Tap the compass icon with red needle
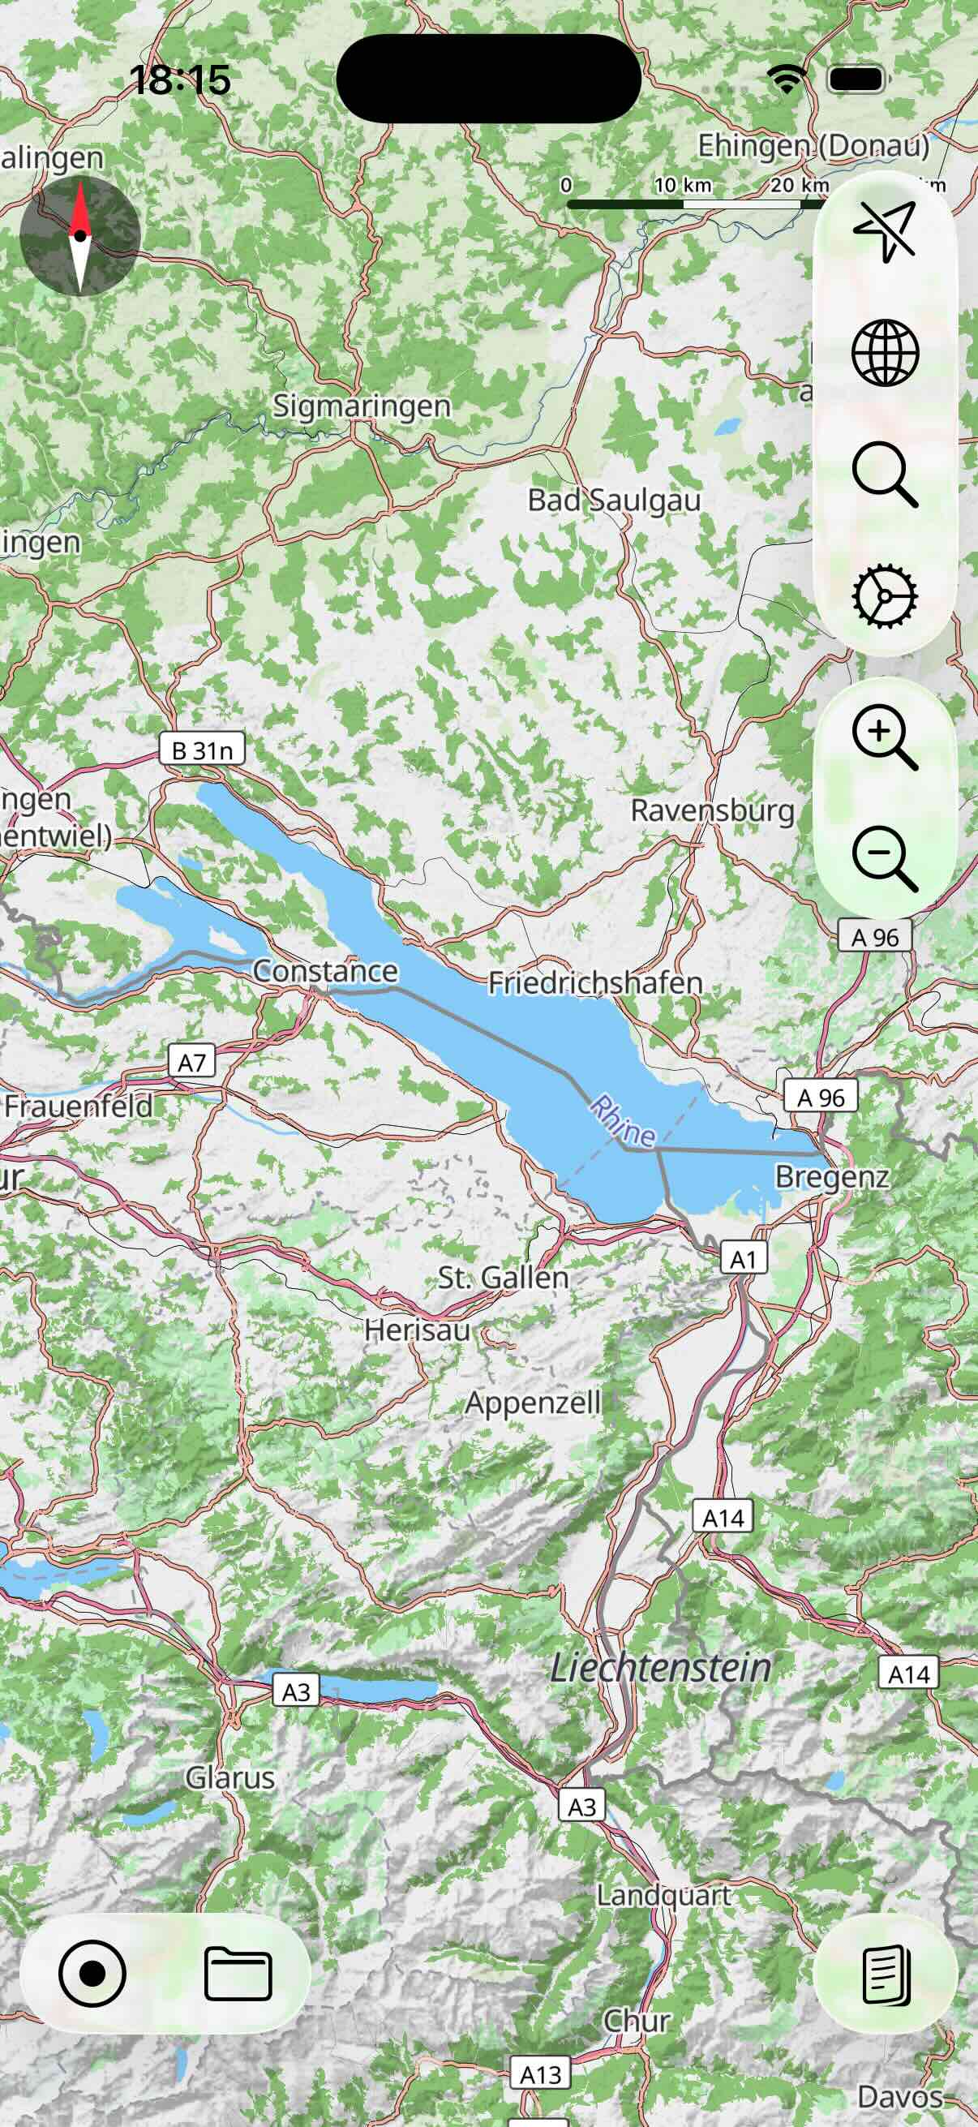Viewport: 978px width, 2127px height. pos(79,236)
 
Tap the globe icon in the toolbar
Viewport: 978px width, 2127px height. pos(885,354)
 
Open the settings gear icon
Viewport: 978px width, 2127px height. pos(885,595)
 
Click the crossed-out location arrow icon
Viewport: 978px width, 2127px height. pos(885,232)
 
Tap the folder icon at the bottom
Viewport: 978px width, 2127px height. pos(238,1974)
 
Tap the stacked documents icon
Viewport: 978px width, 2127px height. pos(886,1975)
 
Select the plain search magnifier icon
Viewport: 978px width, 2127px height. pos(885,475)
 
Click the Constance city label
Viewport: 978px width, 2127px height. pos(324,971)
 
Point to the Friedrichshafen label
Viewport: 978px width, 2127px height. pos(595,983)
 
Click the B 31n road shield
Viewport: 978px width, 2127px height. pos(202,750)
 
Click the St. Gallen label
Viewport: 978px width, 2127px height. pos(503,1278)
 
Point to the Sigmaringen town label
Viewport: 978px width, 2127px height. pos(362,406)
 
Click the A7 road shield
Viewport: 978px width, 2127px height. pos(191,1062)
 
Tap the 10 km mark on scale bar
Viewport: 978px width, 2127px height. pos(682,186)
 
